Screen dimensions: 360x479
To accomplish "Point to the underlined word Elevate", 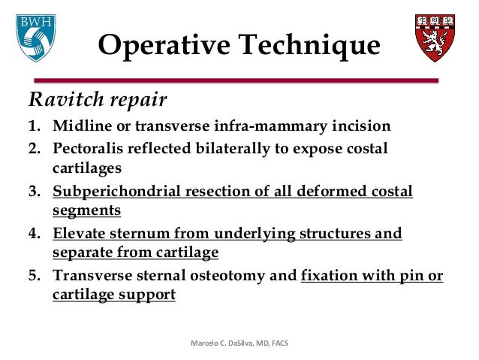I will point(80,234).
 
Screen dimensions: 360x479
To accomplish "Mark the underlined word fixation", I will point(331,277).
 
